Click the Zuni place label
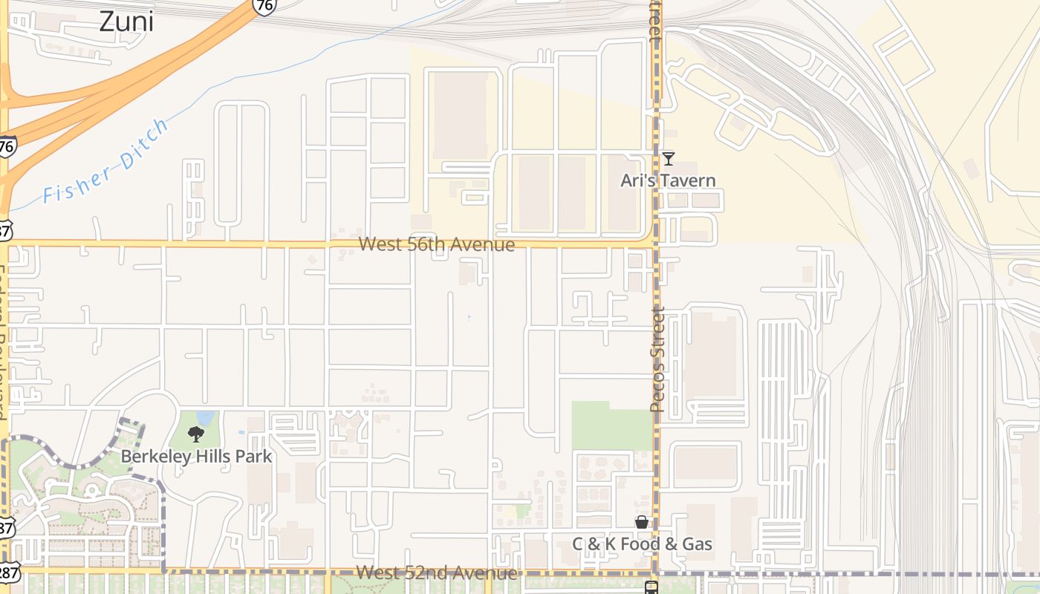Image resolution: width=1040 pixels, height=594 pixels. [x=126, y=22]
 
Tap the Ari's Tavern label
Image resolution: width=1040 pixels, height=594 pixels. [x=668, y=180]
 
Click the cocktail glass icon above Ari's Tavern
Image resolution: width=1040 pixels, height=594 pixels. [x=669, y=158]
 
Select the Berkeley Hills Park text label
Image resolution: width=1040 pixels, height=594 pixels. [x=197, y=456]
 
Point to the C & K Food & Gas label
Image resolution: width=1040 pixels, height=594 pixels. [x=642, y=544]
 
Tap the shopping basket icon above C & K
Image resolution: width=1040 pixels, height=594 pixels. [x=642, y=523]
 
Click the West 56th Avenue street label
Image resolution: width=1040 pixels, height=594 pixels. [x=437, y=244]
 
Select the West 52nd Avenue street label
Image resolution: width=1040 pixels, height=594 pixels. [x=436, y=572]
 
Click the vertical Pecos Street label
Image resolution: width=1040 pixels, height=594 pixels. [x=657, y=359]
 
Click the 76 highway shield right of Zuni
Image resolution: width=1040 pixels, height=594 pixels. [x=264, y=6]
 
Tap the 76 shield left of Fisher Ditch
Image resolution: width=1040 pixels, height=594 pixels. [x=7, y=146]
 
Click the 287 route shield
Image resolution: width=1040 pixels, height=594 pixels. [x=9, y=573]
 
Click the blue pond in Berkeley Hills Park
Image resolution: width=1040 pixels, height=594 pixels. [x=206, y=418]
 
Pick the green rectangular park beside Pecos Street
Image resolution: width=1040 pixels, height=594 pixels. [x=611, y=425]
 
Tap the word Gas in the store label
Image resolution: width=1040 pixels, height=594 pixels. [x=697, y=544]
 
